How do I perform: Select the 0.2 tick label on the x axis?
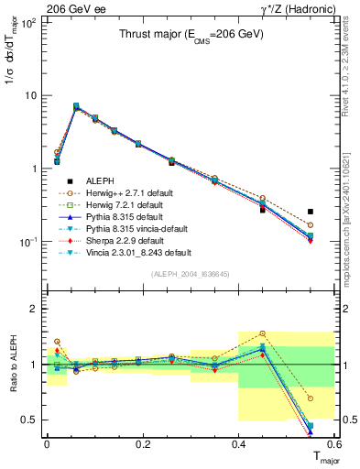[x=143, y=444]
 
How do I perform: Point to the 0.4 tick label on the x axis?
[x=238, y=444]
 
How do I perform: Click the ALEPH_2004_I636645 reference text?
[x=191, y=273]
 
